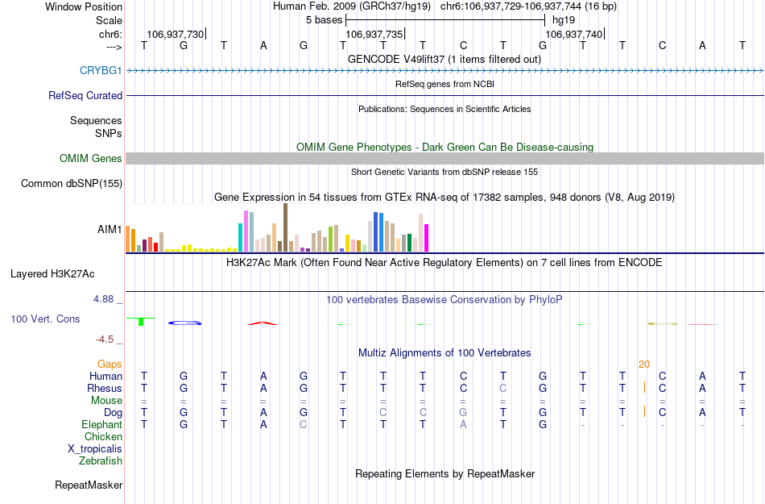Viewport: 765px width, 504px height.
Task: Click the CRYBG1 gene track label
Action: click(x=101, y=70)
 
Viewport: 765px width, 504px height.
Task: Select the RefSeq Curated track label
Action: click(x=85, y=95)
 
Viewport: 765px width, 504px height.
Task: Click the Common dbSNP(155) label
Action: click(x=72, y=184)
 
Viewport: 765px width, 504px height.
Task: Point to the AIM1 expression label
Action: click(x=110, y=229)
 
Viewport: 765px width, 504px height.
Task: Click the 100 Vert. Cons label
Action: click(x=45, y=319)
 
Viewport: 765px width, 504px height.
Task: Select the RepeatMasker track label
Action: click(x=89, y=485)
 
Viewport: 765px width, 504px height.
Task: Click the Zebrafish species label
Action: click(x=101, y=461)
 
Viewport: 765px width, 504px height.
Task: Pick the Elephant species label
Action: click(x=101, y=425)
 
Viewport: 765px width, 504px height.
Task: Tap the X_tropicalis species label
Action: click(x=95, y=449)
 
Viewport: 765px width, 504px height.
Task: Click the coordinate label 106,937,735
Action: click(x=373, y=35)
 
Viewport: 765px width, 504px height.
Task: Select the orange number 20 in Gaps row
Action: click(x=643, y=364)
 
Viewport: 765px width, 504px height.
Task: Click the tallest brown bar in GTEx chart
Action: click(x=285, y=227)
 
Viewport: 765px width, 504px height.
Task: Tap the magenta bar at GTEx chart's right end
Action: click(x=427, y=237)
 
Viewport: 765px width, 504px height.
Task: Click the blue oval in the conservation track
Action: click(x=184, y=323)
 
